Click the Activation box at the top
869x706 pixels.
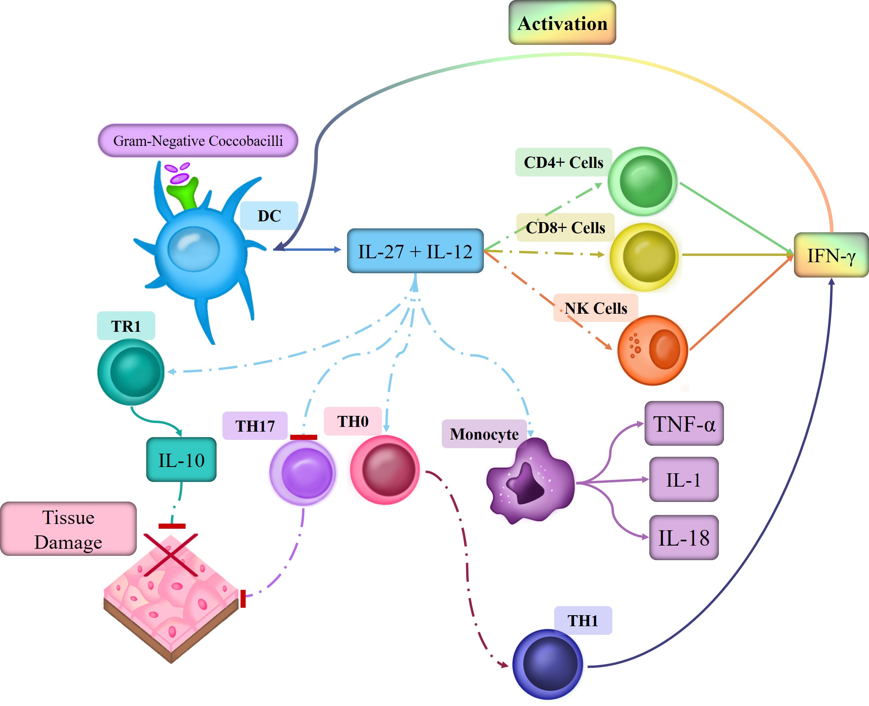click(562, 23)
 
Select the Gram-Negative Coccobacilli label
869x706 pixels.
click(198, 141)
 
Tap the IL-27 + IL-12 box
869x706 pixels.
click(415, 251)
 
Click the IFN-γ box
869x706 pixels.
click(831, 255)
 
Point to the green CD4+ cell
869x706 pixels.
click(643, 181)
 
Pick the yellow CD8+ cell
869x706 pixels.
click(645, 257)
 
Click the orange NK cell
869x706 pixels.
click(653, 350)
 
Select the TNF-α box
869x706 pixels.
click(684, 423)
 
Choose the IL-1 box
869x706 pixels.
click(683, 480)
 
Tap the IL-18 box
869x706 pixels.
click(683, 537)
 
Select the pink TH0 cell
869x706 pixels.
click(385, 470)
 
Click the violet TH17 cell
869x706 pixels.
click(303, 473)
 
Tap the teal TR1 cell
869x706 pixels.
click(131, 372)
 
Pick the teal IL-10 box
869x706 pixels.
click(181, 460)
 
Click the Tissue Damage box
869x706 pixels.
click(68, 529)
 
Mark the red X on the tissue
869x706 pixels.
click(171, 555)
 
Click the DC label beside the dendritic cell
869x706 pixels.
click(269, 215)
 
